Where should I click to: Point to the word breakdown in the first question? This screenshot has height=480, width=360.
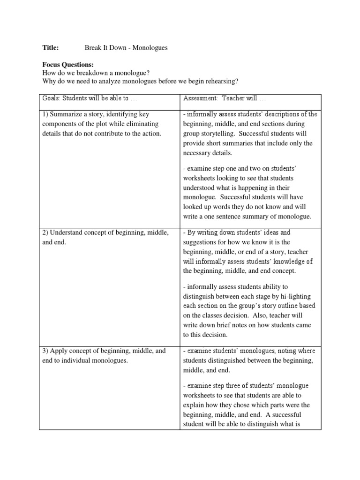coord(93,73)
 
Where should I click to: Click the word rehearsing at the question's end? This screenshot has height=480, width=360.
coord(222,81)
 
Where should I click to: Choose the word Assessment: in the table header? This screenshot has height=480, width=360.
coord(201,99)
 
